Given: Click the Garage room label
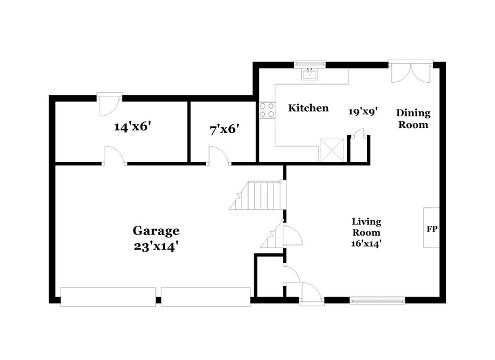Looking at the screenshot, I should pos(156,231).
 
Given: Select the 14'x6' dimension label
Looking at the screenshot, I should pos(133,127).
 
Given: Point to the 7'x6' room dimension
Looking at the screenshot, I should pos(224,130).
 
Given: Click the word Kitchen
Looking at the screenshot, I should pos(308,108).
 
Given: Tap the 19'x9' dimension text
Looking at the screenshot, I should pos(363,111).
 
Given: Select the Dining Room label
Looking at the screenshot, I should pos(413,118).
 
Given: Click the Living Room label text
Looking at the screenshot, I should pos(366,227).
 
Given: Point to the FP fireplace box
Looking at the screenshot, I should pos(432,228).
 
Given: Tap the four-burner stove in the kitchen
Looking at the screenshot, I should pos(267,110).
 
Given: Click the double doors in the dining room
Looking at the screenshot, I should pos(408,72).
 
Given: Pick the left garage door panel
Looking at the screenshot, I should pos(108,296).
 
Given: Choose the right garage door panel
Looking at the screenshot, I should pos(206,296).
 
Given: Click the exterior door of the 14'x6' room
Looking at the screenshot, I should pos(109,103).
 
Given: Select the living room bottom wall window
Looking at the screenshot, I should pos(377,301).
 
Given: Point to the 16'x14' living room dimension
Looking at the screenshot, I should pos(366,244).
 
